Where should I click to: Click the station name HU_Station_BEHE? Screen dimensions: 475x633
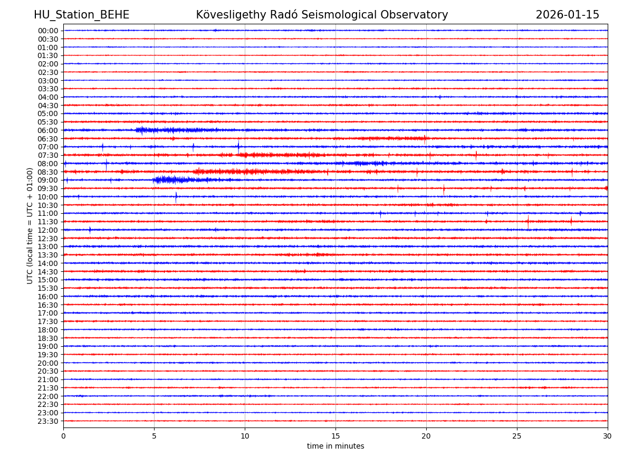pyautogui.click(x=81, y=15)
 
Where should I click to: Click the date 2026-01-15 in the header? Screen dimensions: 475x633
pyautogui.click(x=567, y=15)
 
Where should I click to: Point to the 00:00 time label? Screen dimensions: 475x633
pyautogui.click(x=48, y=31)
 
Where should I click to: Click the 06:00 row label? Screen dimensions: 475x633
pyautogui.click(x=48, y=130)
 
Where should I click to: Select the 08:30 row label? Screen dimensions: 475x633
pyautogui.click(x=48, y=172)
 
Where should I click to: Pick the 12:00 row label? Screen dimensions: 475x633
pyautogui.click(x=48, y=230)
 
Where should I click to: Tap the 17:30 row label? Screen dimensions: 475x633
pyautogui.click(x=48, y=321)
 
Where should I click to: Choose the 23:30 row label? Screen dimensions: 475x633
pyautogui.click(x=48, y=421)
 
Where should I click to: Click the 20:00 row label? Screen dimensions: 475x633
pyautogui.click(x=48, y=363)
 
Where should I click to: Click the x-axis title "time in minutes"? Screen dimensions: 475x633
pyautogui.click(x=335, y=446)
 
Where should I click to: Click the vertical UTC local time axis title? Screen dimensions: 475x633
pyautogui.click(x=30, y=225)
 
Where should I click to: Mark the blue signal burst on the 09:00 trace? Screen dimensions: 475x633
pyautogui.click(x=171, y=180)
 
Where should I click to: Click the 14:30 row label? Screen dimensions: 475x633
pyautogui.click(x=48, y=272)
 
